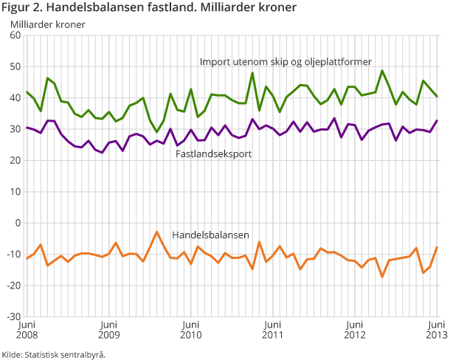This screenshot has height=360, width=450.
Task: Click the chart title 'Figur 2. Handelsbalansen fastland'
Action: tap(149, 8)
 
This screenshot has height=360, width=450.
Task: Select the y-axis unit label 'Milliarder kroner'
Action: tap(47, 24)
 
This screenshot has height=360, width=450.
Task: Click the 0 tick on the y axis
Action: tap(18, 223)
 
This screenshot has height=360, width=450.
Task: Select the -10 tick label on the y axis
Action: tap(13, 254)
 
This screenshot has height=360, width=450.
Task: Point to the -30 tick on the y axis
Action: tap(13, 316)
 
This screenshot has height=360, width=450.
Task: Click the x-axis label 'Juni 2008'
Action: tap(27, 330)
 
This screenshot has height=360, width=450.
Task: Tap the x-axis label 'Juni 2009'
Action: tap(108, 330)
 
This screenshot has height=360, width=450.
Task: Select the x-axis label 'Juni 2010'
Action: tap(191, 330)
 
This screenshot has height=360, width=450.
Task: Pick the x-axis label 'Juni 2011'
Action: tap(273, 330)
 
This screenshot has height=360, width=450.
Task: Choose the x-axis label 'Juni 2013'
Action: tap(437, 330)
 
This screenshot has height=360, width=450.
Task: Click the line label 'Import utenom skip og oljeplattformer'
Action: tap(285, 61)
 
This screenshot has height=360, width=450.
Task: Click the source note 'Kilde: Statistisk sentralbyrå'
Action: tap(54, 354)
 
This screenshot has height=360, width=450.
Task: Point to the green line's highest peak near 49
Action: tap(382, 72)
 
